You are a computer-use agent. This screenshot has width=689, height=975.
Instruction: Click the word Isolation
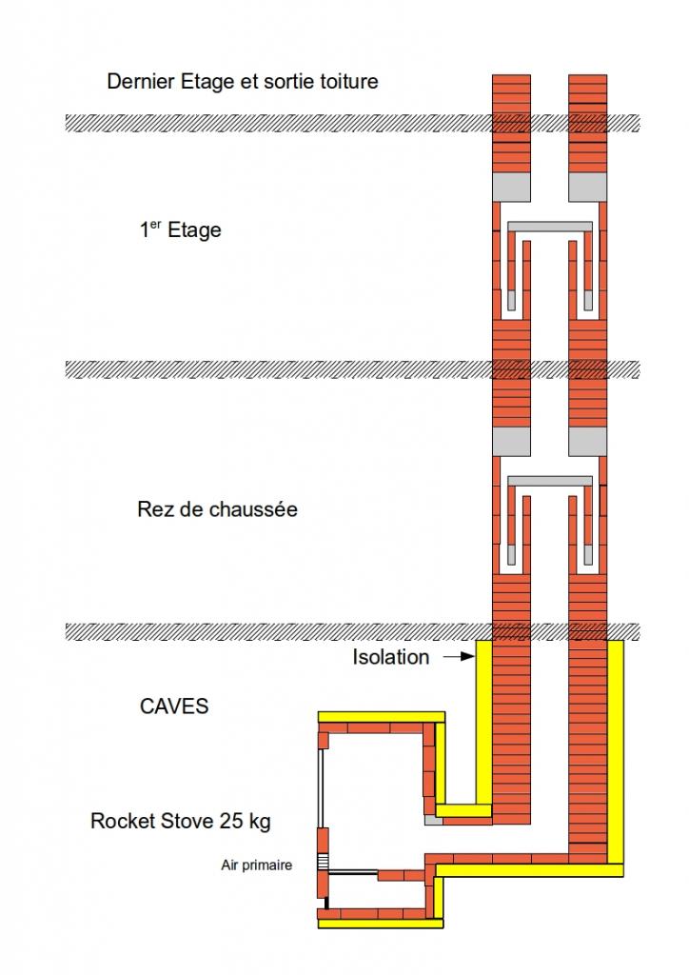coord(390,657)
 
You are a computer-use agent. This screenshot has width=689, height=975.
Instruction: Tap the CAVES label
coord(173,706)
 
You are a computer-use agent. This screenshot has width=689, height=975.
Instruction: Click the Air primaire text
coord(256,865)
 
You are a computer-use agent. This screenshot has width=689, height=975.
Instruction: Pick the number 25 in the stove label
coord(231,821)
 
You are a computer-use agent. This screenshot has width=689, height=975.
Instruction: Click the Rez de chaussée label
coord(217,509)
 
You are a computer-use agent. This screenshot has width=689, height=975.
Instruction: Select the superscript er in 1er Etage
coord(156,225)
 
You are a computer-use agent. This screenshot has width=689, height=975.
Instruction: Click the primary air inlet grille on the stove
coord(322,863)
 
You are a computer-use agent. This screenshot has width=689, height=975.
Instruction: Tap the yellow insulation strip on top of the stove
coord(381,716)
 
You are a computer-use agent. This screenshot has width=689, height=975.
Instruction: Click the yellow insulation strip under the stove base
coord(381,923)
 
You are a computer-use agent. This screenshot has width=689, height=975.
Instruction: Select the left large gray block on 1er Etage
coord(510,188)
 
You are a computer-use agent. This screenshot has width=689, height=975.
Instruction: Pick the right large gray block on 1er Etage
coord(587,188)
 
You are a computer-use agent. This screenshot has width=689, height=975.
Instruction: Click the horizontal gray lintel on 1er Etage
coord(550,227)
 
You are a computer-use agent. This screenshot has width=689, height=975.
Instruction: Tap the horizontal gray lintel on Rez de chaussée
coord(550,480)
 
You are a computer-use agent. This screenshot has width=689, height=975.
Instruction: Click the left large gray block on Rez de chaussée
coord(510,441)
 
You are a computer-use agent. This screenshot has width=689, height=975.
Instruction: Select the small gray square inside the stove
coord(432,818)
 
